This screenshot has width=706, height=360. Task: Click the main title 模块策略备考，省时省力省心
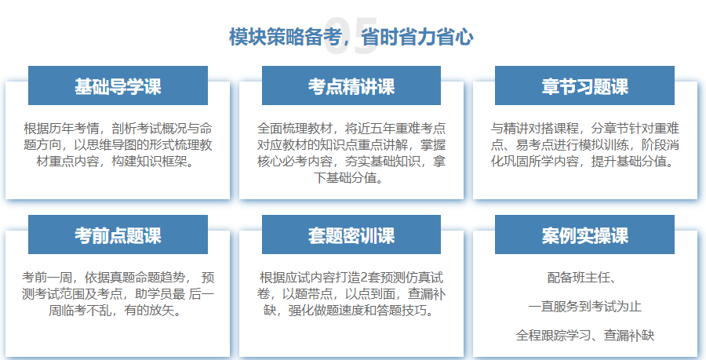[351, 36]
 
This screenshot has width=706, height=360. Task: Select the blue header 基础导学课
[118, 85]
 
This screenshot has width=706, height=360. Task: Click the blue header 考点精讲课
[351, 85]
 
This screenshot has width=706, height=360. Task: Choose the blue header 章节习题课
[584, 85]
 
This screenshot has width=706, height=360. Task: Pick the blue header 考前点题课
[118, 235]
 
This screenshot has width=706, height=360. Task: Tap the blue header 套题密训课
[351, 235]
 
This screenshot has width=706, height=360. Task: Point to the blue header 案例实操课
[584, 235]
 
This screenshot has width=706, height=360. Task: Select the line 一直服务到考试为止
[584, 306]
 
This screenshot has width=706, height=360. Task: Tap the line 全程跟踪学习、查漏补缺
[584, 335]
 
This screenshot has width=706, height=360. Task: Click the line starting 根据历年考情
[118, 127]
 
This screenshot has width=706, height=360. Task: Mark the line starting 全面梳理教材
[351, 127]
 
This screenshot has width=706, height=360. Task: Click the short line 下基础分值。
[351, 179]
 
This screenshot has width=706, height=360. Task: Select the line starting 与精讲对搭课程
[584, 127]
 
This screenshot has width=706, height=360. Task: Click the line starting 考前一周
[118, 277]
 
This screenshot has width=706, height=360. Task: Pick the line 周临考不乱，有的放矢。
[118, 311]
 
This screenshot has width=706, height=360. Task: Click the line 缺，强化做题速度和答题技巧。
[351, 311]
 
